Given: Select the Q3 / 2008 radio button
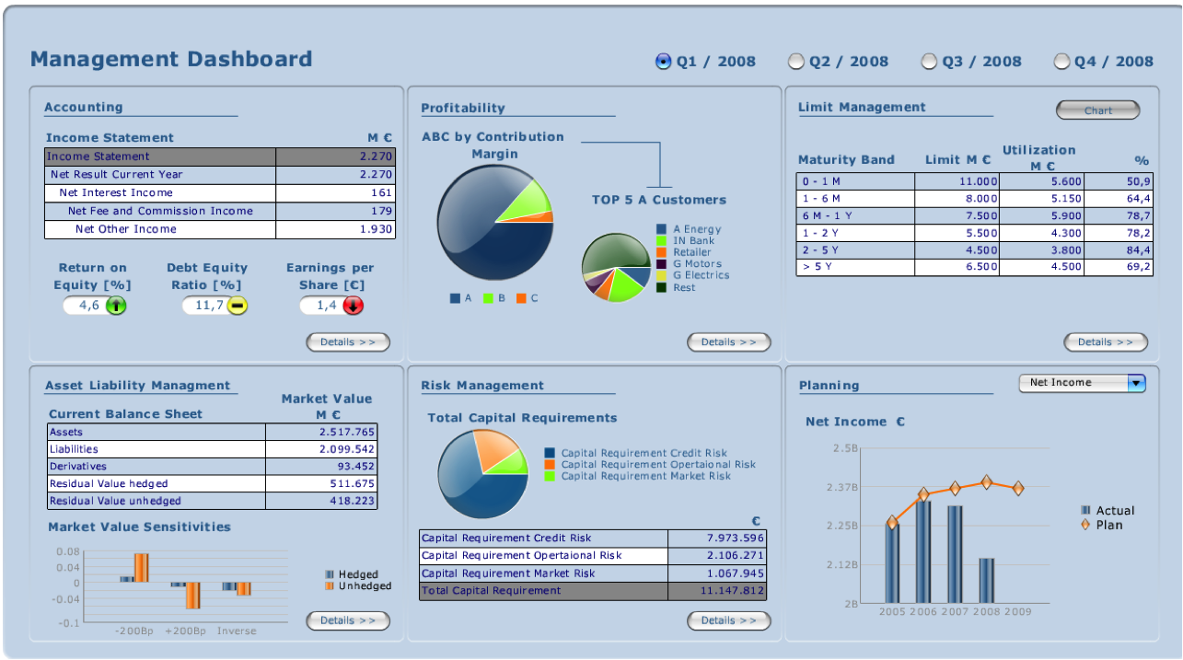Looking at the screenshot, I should (x=930, y=62).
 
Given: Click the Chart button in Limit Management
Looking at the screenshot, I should (x=1097, y=110).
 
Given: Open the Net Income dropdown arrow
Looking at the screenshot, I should (x=1136, y=383).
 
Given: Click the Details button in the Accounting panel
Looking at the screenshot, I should (x=348, y=342).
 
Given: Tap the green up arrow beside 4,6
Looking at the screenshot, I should (x=116, y=306).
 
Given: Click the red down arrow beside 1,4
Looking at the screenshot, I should (x=354, y=306).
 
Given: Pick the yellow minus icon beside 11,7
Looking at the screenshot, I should (x=238, y=306).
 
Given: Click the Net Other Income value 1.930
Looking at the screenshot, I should (x=376, y=229).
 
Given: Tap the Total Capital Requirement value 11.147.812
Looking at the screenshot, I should (x=732, y=591).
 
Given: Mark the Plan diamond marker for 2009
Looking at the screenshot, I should (x=1018, y=488).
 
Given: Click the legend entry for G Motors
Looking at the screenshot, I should (x=697, y=264).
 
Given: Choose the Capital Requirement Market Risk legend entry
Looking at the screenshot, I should (x=645, y=476).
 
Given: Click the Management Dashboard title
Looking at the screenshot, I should (x=171, y=60).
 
